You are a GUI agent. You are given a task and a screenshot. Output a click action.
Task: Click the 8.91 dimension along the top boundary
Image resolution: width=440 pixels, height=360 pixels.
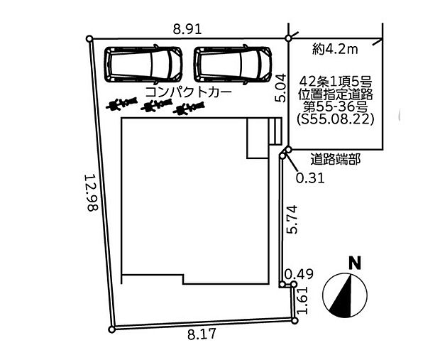[187, 29]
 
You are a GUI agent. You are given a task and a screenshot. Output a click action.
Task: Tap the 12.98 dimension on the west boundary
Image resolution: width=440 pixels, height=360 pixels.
[92, 192]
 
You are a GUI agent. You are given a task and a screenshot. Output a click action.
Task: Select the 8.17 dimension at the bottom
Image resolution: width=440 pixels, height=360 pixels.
[202, 334]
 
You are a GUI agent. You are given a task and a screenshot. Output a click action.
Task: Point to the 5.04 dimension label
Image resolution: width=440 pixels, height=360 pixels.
[280, 87]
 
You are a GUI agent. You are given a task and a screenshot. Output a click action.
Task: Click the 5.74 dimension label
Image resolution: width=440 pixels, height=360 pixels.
[291, 219]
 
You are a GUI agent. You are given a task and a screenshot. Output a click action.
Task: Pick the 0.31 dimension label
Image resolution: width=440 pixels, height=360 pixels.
[310, 178]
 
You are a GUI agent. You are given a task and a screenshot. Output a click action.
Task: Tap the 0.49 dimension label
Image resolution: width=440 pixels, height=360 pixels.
[299, 274]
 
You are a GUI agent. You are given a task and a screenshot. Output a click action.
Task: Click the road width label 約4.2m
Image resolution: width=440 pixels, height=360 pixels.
[336, 50]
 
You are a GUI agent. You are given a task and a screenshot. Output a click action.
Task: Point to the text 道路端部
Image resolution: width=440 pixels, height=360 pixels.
[336, 160]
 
